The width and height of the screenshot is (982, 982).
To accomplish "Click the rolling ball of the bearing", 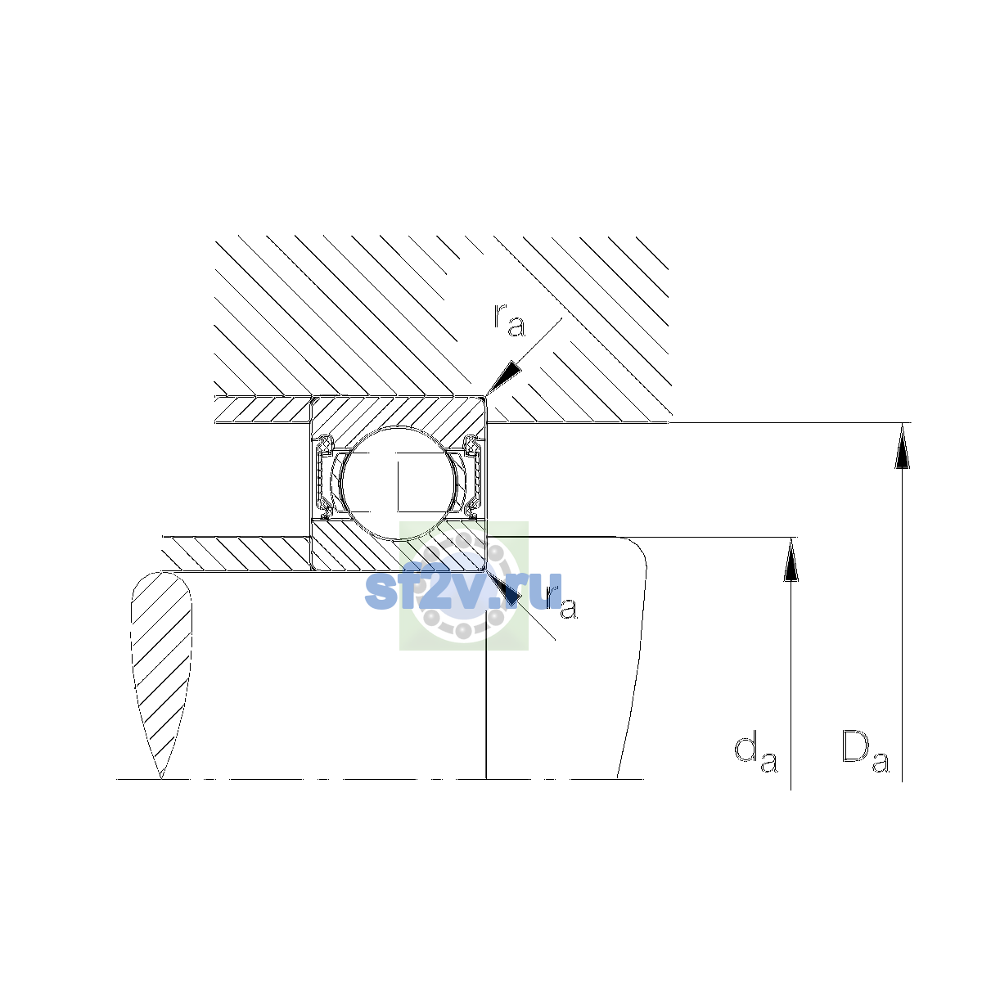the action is [x=399, y=483].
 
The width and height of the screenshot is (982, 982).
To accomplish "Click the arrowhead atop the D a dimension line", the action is [x=902, y=445].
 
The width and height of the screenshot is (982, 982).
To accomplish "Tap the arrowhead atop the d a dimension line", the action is [x=791, y=560].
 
